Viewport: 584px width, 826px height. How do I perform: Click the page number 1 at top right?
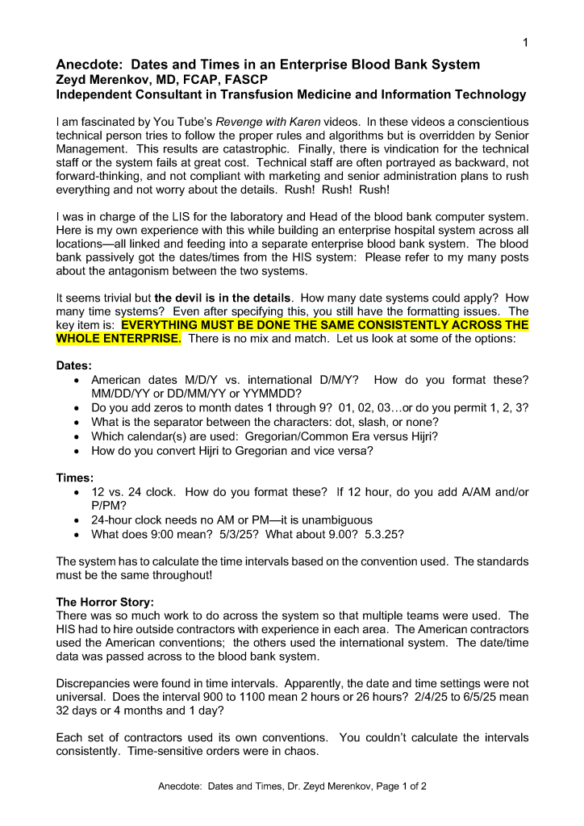pos(524,43)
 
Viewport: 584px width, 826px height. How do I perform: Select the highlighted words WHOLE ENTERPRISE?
pos(118,339)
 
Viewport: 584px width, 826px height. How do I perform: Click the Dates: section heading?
pos(74,365)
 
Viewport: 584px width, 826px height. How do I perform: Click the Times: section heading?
pos(75,478)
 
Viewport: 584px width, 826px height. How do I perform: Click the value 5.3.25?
pos(384,534)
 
